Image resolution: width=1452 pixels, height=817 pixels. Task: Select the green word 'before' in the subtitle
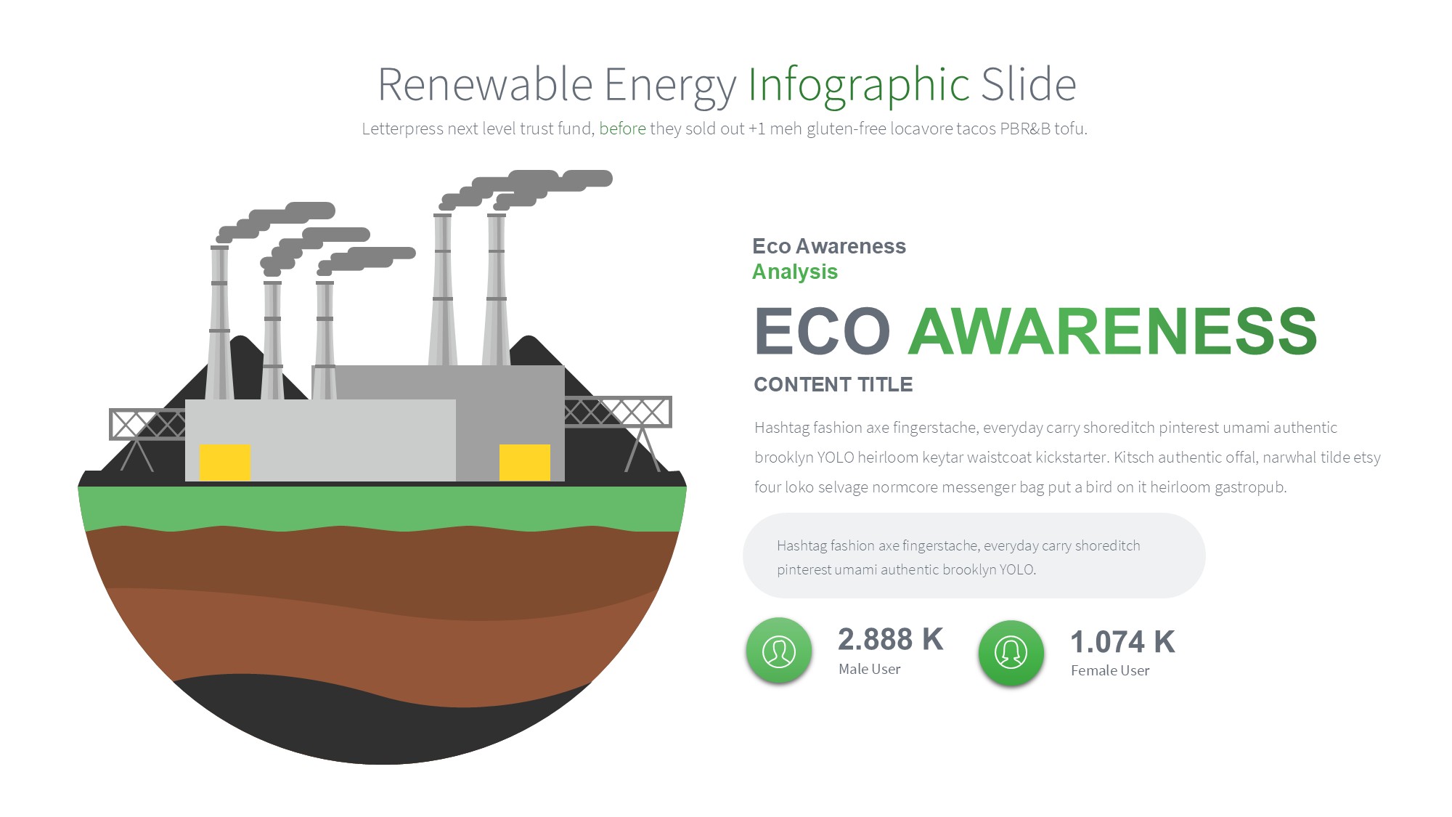622,129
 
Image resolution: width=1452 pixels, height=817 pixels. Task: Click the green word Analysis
795,272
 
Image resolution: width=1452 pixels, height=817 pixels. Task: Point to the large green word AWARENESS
1113,331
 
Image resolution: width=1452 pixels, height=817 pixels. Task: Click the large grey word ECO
823,331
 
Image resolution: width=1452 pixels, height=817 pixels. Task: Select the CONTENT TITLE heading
833,385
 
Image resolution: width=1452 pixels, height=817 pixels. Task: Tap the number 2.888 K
891,640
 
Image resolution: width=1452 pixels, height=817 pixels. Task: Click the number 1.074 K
1122,642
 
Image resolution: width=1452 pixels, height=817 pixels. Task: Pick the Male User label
870,670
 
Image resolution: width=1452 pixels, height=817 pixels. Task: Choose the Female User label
1110,671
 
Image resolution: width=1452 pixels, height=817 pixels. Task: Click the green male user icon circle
779,651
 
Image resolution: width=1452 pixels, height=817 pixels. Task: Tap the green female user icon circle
1011,653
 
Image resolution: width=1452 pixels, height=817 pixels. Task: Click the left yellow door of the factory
225,463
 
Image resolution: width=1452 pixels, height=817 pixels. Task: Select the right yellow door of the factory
525,463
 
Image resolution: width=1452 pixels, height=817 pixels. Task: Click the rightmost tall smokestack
497,290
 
